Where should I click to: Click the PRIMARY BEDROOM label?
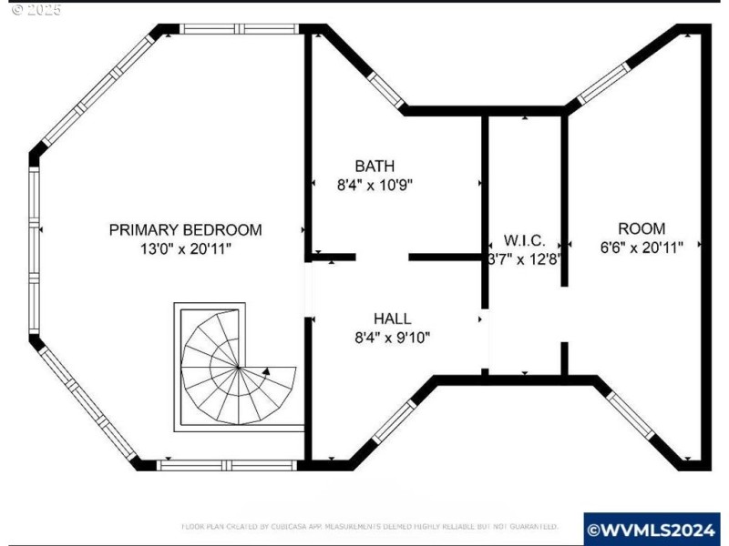[x=185, y=230]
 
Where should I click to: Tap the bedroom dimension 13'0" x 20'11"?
[x=185, y=248]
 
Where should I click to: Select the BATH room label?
[x=375, y=167]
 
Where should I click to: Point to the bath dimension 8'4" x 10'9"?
[x=375, y=184]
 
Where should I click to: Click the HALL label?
[x=392, y=318]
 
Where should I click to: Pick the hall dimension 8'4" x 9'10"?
[x=392, y=337]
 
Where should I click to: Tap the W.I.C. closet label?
[x=525, y=241]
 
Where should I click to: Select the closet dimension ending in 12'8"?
[x=525, y=258]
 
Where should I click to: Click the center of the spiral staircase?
[x=238, y=368]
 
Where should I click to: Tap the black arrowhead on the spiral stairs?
[x=266, y=371]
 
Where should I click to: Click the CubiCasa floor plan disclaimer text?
[x=369, y=527]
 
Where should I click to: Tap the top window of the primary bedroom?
[x=239, y=29]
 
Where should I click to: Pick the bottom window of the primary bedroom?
[x=225, y=465]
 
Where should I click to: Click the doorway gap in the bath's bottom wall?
[x=382, y=258]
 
